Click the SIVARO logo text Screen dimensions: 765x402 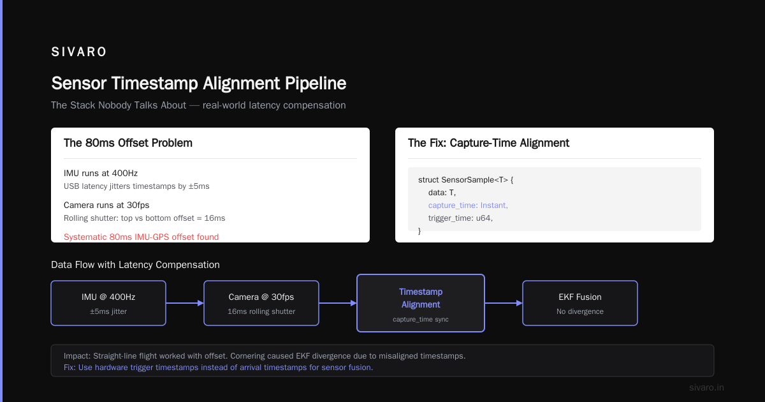78,52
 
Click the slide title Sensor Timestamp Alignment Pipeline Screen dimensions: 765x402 199,83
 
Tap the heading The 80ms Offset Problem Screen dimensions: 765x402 128,143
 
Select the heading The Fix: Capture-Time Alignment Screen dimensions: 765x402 488,143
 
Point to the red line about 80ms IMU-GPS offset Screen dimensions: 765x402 141,237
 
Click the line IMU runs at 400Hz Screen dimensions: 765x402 101,174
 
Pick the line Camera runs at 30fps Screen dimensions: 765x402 106,205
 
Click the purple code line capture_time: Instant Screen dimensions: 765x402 468,205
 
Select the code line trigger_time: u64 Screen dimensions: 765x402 460,218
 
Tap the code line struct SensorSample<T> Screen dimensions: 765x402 465,180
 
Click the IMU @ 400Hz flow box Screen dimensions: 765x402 108,303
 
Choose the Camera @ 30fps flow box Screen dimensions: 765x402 261,303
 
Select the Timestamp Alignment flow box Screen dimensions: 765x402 421,303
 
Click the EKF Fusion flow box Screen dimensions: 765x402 580,303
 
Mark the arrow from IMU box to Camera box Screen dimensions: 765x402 185,303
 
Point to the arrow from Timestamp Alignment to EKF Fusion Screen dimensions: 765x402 504,303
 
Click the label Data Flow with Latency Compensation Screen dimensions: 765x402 135,265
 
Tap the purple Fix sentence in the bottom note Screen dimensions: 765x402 218,368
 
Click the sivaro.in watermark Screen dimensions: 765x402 706,387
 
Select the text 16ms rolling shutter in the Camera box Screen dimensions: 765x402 261,311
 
